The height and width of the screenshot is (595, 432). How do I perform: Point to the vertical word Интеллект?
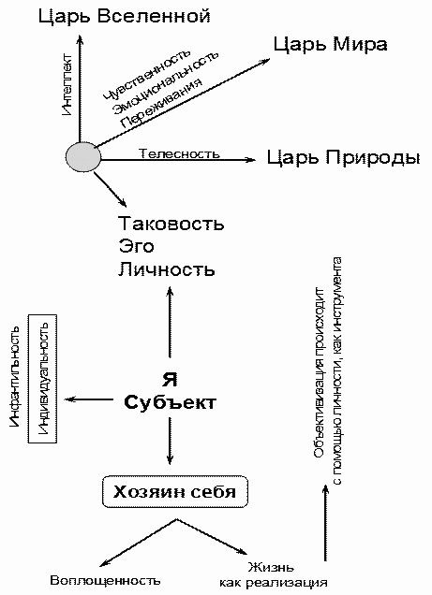tap(67, 86)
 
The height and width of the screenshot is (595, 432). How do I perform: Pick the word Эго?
tap(135, 247)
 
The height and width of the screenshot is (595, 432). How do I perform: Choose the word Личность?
tap(167, 270)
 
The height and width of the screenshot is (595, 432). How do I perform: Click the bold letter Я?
tap(171, 380)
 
